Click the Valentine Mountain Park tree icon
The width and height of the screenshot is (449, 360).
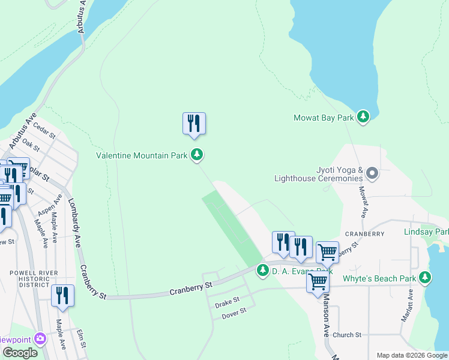(197, 155)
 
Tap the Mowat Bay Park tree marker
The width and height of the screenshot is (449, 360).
(363, 116)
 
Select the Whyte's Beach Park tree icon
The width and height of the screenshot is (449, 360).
(426, 277)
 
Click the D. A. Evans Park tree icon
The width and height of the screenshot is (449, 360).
(263, 271)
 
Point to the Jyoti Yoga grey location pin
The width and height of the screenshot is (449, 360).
(372, 174)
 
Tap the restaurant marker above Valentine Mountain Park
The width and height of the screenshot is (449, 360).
(194, 124)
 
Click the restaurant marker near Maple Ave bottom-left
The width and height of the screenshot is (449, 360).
(62, 296)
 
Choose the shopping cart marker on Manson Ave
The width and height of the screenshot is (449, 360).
(318, 281)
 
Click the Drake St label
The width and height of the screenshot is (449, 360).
(228, 300)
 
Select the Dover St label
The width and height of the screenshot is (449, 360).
(234, 313)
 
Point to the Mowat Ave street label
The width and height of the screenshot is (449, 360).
(363, 202)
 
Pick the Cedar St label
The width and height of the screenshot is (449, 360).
(44, 128)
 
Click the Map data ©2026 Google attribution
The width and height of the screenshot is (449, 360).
(411, 355)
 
